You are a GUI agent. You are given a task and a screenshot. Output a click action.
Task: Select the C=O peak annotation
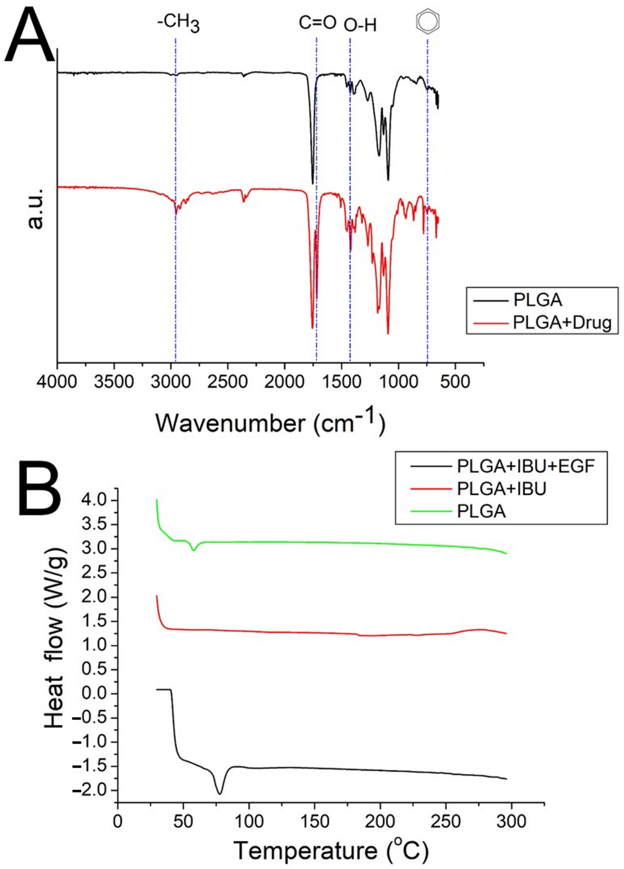[317, 23]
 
